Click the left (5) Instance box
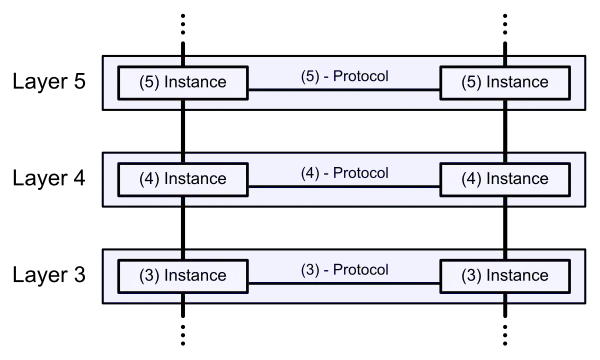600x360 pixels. pos(183,82)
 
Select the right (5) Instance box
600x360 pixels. pos(505,82)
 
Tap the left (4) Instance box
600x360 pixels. pos(183,179)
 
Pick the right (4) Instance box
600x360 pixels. pos(505,179)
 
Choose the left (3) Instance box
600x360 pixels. pos(183,276)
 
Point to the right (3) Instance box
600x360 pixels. pos(505,276)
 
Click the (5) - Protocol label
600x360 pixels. pos(344,76)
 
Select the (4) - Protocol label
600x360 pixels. pos(344,173)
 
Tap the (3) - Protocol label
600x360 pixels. pos(344,270)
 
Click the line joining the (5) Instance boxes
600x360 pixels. pos(344,91)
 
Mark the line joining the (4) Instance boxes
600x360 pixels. pos(344,188)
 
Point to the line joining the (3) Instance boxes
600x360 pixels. pos(344,285)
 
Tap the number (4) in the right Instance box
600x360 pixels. pos(471,179)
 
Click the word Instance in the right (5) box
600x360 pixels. pos(517,82)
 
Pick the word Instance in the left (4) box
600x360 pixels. pos(195,179)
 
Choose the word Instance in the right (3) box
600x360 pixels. pos(517,276)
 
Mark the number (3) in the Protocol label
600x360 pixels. pos(310,270)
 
